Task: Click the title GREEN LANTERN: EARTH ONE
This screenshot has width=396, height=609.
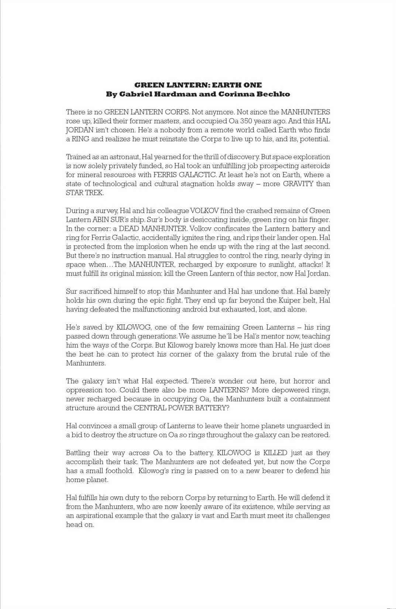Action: point(198,85)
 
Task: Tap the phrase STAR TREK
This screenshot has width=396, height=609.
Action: point(85,193)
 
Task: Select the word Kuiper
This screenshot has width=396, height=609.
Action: point(285,300)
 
